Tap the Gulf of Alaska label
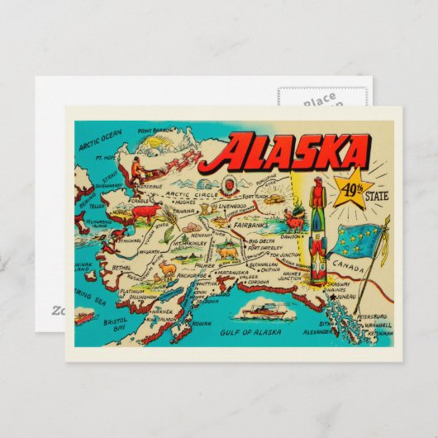coord(250,332)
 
